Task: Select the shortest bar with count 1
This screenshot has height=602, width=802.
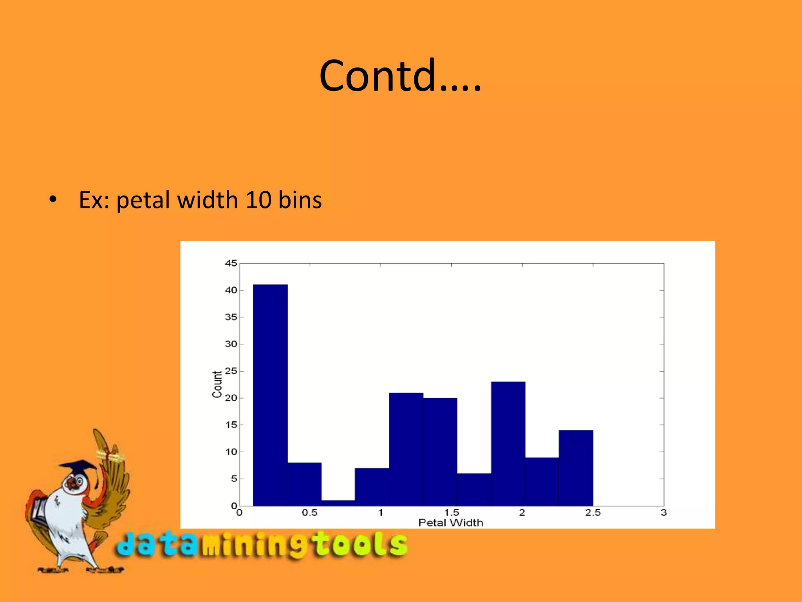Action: (x=338, y=503)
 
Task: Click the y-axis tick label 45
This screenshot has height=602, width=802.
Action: (x=231, y=263)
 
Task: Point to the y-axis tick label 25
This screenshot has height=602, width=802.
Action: (x=231, y=371)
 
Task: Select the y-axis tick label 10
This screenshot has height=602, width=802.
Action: (x=231, y=452)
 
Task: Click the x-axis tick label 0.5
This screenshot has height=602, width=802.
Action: (x=309, y=513)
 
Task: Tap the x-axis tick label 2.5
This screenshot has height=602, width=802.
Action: (x=592, y=513)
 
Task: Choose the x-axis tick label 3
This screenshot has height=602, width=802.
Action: (x=664, y=513)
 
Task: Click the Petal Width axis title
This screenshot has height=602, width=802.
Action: (x=451, y=523)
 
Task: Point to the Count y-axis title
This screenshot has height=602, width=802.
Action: (x=217, y=384)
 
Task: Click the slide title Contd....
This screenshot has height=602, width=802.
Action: (x=400, y=75)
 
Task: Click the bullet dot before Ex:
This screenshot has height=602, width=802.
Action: (x=53, y=199)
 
